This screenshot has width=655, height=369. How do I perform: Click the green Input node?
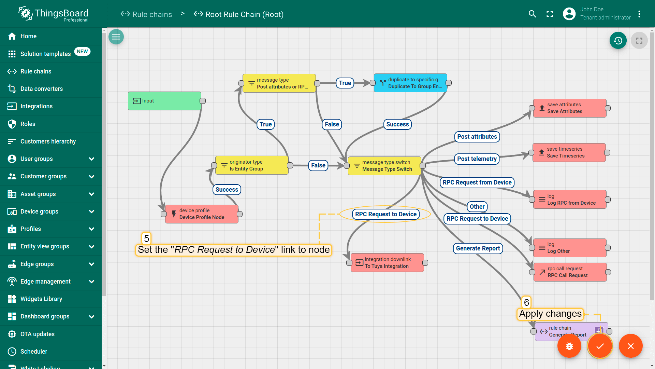point(164,101)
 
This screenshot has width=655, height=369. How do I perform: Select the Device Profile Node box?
point(202,214)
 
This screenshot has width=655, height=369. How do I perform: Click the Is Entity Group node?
point(252,165)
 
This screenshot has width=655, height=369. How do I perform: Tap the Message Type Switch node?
point(384,166)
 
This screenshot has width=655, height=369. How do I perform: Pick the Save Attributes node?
point(570,108)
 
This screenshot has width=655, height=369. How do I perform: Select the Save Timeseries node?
point(569,152)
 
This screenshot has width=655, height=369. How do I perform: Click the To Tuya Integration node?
point(387,263)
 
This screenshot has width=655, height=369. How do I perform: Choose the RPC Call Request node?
point(570,272)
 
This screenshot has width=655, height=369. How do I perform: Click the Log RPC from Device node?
point(570,200)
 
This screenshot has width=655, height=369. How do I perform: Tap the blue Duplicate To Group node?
point(410,83)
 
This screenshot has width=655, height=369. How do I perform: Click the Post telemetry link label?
point(477,159)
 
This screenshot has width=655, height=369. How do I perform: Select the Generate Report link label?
point(478,248)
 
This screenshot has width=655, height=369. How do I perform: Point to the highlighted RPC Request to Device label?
point(385,214)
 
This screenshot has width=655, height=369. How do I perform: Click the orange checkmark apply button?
point(600,346)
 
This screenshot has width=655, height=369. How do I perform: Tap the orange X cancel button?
point(630,346)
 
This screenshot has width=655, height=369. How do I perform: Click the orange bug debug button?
point(569,346)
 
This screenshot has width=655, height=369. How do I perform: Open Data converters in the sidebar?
point(42,89)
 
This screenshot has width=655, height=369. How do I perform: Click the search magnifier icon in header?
point(532,14)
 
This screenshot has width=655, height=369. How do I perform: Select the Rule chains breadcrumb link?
point(152,14)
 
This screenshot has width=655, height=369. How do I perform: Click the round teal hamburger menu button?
point(116,37)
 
